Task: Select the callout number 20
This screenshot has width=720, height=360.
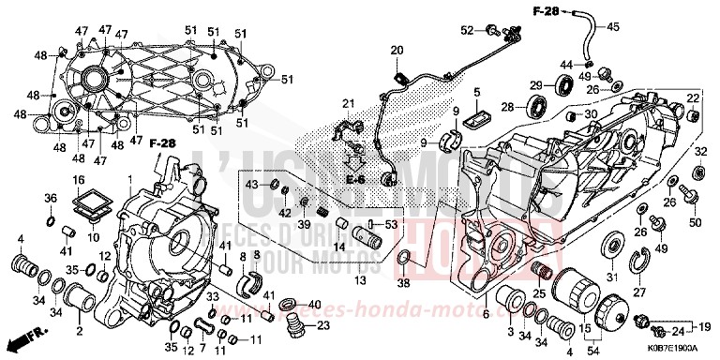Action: pos(396,50)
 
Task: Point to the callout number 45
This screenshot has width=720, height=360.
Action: pos(614,26)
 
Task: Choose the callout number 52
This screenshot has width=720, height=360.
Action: pos(467,30)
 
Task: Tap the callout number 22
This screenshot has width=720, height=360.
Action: pos(693,98)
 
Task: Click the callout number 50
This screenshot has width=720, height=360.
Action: pos(695,222)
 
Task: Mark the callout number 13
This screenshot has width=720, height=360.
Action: pos(359,279)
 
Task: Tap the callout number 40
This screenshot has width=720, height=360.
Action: pos(314,305)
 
